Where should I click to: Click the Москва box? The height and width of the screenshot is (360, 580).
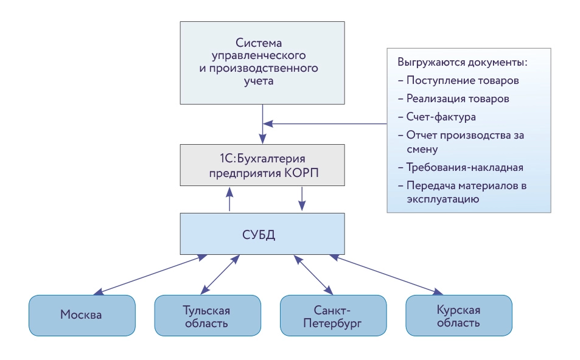[x=82, y=315]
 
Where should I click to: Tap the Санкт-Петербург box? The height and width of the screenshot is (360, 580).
[x=332, y=315]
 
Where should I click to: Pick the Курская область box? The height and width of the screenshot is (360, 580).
[x=458, y=315]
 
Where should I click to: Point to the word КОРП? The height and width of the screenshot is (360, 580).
[x=301, y=172]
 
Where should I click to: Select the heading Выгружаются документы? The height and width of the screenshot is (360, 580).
[x=462, y=63]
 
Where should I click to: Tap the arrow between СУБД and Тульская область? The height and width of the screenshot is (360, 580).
[x=218, y=275]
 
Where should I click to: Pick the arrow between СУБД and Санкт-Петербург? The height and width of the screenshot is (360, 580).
[x=312, y=275]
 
